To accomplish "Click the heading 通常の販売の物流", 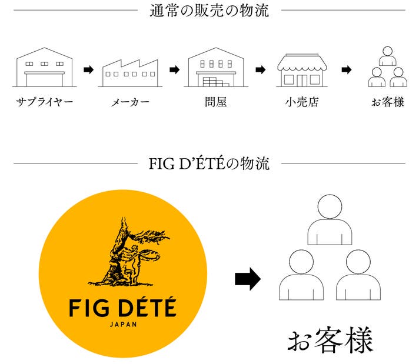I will coord(209,10).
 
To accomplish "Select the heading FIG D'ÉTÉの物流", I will coord(209,163).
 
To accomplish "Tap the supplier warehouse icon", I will coord(44,68).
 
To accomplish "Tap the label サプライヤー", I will coord(45,102).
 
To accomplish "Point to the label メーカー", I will coord(130,102).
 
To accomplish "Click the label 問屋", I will coord(216,102).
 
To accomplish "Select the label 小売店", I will coord(301,102).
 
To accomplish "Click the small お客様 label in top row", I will coord(387,102).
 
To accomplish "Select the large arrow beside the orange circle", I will coord(247,279).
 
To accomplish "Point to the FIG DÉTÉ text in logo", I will coord(122,308).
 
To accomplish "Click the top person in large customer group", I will coord(330,221).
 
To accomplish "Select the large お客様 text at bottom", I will coord(330,340).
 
